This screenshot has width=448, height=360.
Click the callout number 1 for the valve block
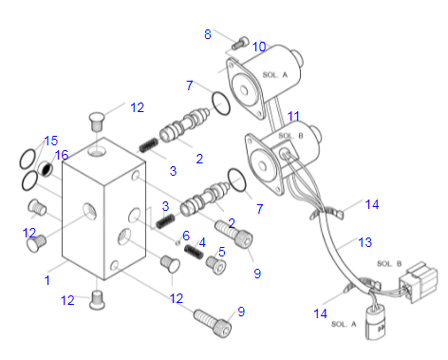pyautogui.click(x=47, y=280)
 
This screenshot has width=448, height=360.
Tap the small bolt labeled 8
pyautogui.click(x=240, y=44)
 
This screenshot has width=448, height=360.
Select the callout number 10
pyautogui.click(x=259, y=47)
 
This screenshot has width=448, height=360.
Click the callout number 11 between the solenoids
pyautogui.click(x=293, y=116)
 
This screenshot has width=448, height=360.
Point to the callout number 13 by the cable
pyautogui.click(x=365, y=242)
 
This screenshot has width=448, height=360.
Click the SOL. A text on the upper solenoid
pyautogui.click(x=275, y=75)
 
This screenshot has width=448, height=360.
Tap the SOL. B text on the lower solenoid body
pyautogui.click(x=290, y=136)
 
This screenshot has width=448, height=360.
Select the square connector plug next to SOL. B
pyautogui.click(x=419, y=282)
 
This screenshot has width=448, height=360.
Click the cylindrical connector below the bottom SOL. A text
pyautogui.click(x=376, y=322)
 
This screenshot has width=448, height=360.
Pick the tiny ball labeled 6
pyautogui.click(x=177, y=242)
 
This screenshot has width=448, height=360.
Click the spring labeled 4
pyautogui.click(x=194, y=252)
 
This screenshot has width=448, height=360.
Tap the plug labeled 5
pyautogui.click(x=216, y=265)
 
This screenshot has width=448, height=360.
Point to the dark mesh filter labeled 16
pyautogui.click(x=46, y=169)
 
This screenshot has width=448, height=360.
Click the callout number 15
pyautogui.click(x=51, y=141)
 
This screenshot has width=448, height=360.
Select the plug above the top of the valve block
pyautogui.click(x=97, y=122)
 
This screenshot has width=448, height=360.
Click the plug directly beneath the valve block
pyautogui.click(x=97, y=300)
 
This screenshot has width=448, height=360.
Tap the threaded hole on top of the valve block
pyautogui.click(x=97, y=151)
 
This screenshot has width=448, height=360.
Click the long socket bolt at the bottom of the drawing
pyautogui.click(x=213, y=324)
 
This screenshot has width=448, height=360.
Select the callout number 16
pyautogui.click(x=62, y=155)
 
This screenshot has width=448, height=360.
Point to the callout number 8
pyautogui.click(x=208, y=34)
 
